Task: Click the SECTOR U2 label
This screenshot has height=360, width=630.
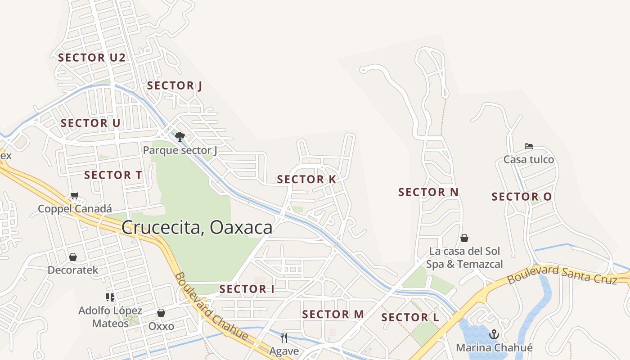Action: (91, 58)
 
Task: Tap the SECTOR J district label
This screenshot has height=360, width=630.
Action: (174, 85)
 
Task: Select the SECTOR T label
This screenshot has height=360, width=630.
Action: (113, 175)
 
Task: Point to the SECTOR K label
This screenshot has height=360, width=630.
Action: (306, 179)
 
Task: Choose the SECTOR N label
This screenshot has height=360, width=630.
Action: (428, 192)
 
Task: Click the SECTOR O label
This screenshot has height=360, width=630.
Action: (522, 197)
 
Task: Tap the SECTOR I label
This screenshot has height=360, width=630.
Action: (247, 289)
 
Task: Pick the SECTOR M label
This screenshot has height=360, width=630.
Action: (333, 314)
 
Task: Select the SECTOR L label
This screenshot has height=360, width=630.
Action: (410, 317)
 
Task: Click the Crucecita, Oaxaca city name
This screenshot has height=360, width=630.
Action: (197, 227)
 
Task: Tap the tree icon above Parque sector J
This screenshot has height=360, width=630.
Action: (180, 136)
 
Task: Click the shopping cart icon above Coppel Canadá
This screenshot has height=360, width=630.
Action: (75, 196)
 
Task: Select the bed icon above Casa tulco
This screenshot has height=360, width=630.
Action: (529, 146)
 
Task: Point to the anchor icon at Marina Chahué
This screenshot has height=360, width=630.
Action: (494, 334)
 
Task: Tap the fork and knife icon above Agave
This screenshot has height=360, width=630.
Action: (284, 337)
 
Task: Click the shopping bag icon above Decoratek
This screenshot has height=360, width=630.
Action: (73, 257)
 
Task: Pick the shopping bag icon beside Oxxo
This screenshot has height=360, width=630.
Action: (161, 313)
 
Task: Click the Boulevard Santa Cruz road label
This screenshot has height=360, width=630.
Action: (562, 274)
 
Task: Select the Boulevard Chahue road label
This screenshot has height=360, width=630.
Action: (211, 306)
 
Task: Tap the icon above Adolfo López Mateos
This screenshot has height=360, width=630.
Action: (110, 297)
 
